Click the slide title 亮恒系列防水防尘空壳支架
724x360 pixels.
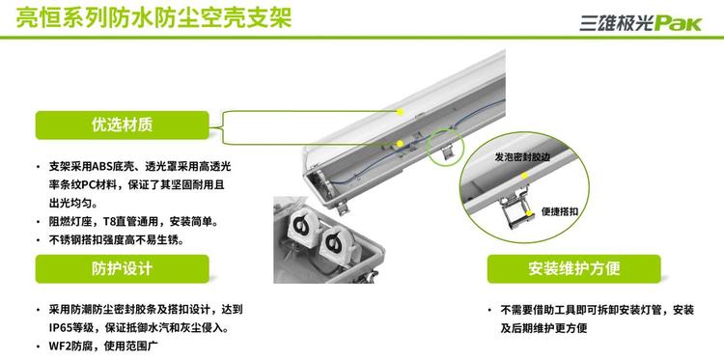[153, 17]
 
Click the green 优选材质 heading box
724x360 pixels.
[122, 125]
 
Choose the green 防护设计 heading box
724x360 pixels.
[122, 269]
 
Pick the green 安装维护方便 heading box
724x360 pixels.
[574, 269]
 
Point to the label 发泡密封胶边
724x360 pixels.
[522, 157]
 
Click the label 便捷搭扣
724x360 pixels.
[560, 212]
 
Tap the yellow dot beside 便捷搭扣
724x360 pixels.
[532, 212]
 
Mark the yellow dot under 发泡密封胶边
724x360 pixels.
[524, 176]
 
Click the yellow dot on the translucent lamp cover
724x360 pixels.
[401, 112]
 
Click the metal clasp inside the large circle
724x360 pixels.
[515, 207]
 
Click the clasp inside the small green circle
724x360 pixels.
[447, 152]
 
